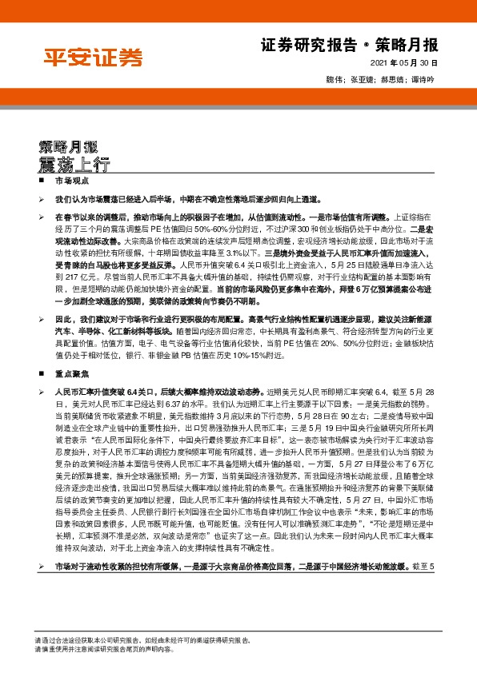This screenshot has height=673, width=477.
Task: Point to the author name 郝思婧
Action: click(391, 81)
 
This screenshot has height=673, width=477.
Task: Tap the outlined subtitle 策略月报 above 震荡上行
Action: click(68, 147)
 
